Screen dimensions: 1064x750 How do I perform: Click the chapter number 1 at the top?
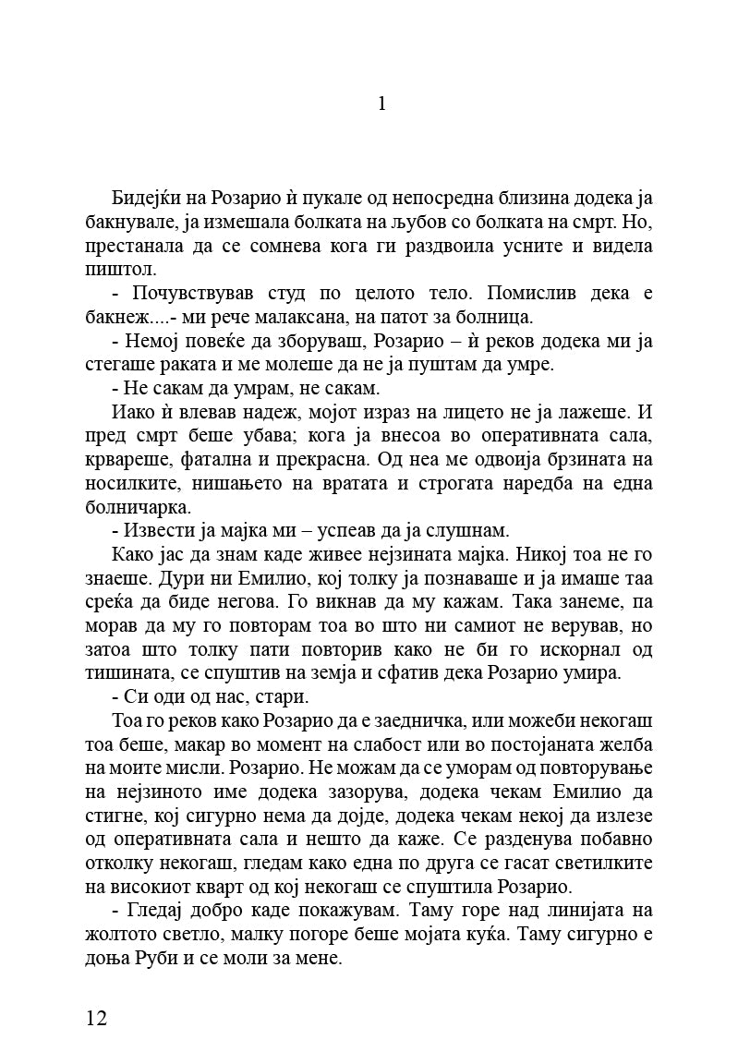[381, 103]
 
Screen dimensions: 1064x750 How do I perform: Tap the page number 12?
[97, 1018]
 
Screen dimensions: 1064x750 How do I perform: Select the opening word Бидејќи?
[149, 199]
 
